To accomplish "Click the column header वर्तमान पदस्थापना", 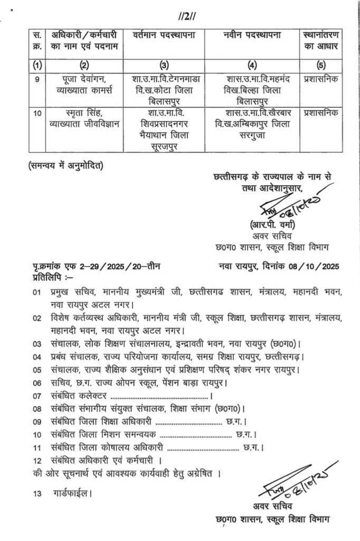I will [x=164, y=35].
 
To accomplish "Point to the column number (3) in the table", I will [x=164, y=66].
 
